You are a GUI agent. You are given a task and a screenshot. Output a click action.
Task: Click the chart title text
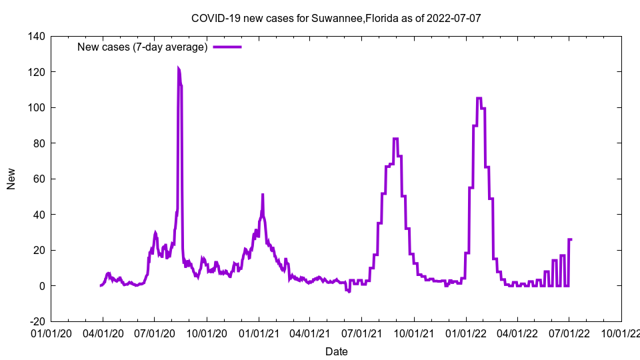336,18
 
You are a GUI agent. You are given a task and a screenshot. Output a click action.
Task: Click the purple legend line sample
227,47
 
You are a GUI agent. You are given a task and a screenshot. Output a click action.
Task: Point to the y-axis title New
11,179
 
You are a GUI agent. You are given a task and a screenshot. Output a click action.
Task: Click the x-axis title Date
336,351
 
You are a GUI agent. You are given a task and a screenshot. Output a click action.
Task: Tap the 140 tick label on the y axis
37,36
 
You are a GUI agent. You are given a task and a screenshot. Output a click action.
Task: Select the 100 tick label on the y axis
37,107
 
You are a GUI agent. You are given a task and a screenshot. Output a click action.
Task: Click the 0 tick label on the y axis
41,286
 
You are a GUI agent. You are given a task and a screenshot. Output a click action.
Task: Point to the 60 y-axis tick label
39,179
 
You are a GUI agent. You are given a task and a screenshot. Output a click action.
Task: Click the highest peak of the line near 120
178,68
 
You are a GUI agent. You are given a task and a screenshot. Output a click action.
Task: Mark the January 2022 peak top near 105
479,99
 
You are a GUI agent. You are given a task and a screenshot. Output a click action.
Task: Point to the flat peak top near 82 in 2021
396,139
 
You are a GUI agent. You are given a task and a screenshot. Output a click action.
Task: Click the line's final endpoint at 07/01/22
571,239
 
